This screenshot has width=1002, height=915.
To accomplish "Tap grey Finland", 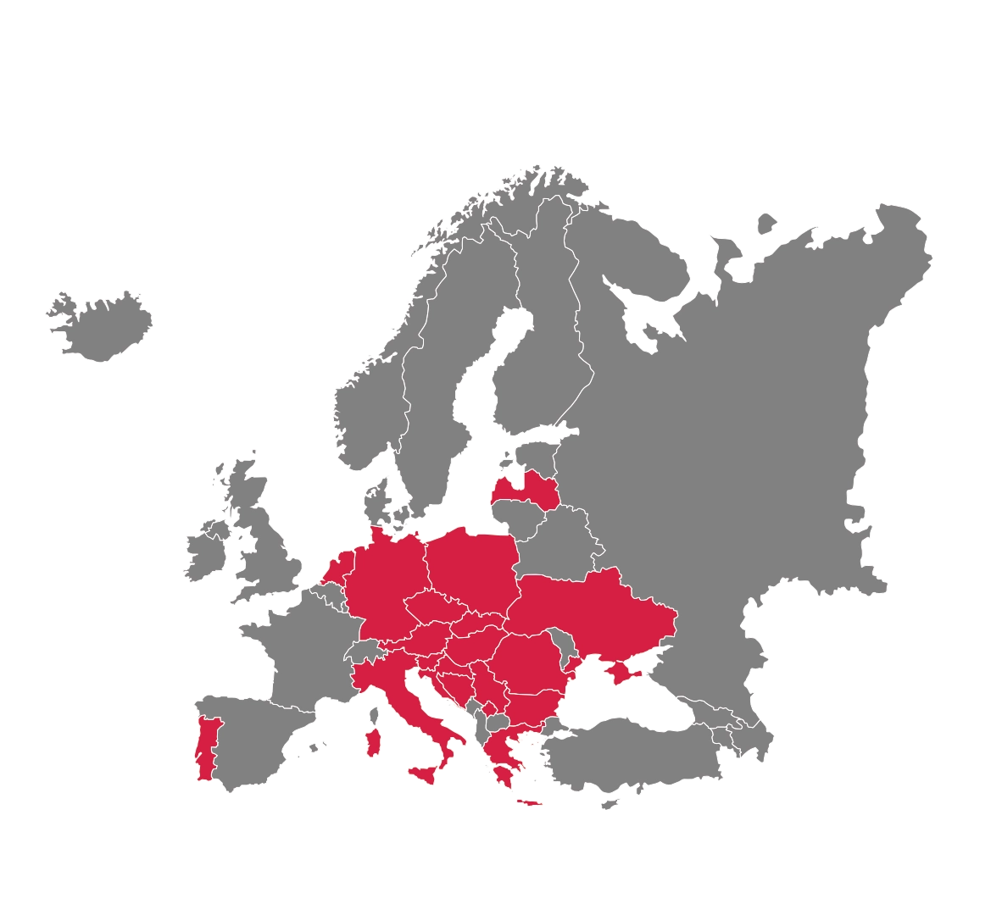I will coord(543,339).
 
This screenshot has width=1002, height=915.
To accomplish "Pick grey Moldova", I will coord(560,645).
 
